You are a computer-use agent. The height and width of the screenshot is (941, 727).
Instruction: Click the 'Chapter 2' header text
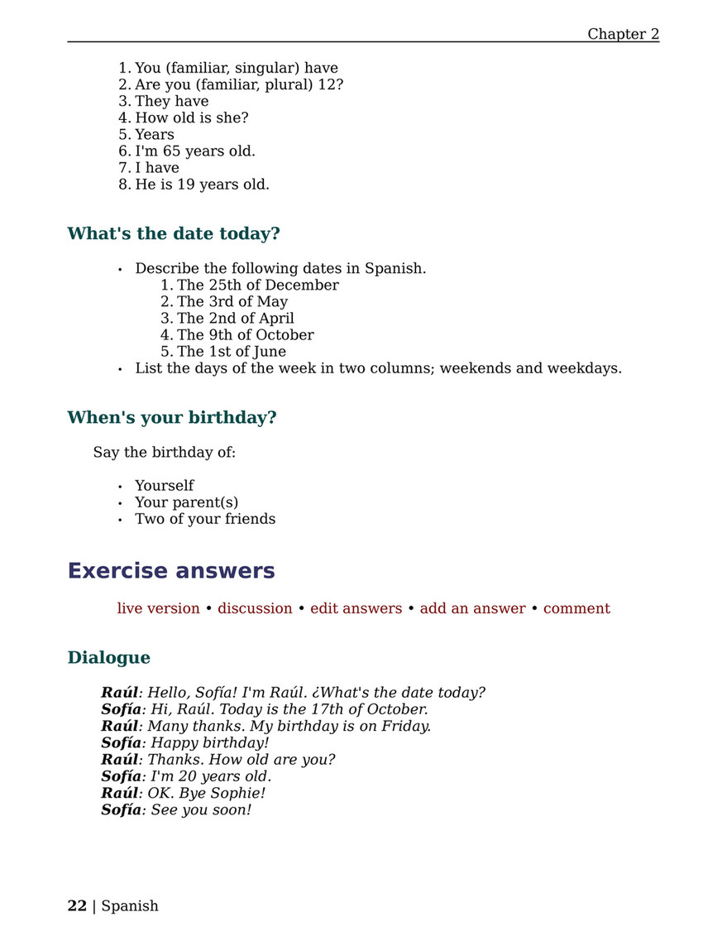(x=623, y=34)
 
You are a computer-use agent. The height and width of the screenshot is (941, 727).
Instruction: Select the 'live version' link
(x=158, y=608)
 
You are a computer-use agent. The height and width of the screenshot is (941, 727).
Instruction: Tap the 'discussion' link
(x=255, y=608)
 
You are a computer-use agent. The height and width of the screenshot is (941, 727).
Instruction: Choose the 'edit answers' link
(x=356, y=608)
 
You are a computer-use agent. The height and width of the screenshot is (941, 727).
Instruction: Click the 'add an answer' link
(x=472, y=608)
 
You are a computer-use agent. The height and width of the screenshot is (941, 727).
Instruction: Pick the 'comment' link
(x=576, y=608)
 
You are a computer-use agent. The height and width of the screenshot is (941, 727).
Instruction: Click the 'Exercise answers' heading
(x=171, y=571)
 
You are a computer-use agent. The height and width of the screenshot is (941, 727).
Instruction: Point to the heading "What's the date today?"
(x=174, y=233)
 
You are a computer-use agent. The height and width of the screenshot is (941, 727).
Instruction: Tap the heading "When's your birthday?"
(x=172, y=417)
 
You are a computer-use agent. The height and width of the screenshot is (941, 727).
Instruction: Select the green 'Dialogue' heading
(x=109, y=657)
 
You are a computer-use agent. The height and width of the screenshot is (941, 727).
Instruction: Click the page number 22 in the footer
(x=77, y=905)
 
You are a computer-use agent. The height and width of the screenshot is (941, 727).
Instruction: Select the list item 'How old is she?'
(x=191, y=118)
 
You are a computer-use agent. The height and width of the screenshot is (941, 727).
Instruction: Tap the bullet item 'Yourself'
(x=165, y=485)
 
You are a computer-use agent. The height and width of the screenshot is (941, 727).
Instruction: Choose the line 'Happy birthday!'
(x=210, y=742)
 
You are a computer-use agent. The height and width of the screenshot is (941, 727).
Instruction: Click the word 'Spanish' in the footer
(x=130, y=905)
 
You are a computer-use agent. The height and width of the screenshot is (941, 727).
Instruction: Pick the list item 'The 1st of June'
(x=232, y=351)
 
